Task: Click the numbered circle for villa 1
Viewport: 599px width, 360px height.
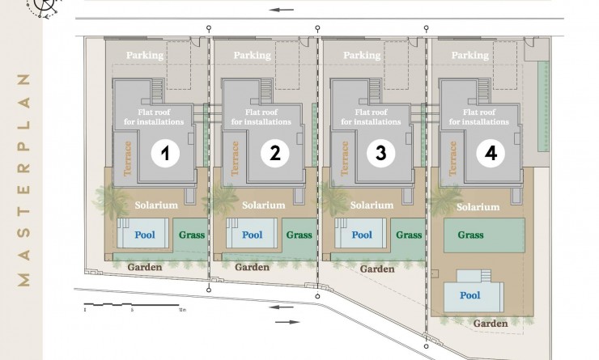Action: click(165, 153)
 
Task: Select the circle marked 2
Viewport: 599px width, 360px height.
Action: click(274, 153)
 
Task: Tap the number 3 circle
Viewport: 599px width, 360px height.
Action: click(381, 153)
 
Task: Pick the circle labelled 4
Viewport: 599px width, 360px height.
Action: click(491, 153)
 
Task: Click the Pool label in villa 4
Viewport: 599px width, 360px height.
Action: click(469, 295)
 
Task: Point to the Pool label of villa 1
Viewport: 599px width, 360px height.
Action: click(145, 235)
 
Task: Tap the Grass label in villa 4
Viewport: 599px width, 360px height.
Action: click(470, 235)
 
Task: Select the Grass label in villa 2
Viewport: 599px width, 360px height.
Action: click(299, 235)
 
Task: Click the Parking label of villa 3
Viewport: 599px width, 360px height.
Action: click(362, 55)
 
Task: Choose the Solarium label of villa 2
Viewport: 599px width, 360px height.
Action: click(264, 205)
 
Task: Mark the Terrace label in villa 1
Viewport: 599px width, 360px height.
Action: click(127, 159)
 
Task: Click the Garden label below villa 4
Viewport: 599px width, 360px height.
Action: click(491, 324)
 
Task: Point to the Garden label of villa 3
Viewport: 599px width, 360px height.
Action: click(377, 269)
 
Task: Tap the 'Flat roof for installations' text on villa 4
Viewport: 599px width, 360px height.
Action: click(479, 116)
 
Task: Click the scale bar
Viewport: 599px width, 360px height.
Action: click(131, 305)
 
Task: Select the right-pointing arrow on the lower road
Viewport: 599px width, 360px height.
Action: click(287, 322)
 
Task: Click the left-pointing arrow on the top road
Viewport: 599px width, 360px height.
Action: click(281, 10)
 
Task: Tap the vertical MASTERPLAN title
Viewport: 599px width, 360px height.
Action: click(23, 180)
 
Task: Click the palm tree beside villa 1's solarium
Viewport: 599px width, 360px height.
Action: click(111, 201)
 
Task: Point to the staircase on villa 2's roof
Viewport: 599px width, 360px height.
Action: click(266, 90)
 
